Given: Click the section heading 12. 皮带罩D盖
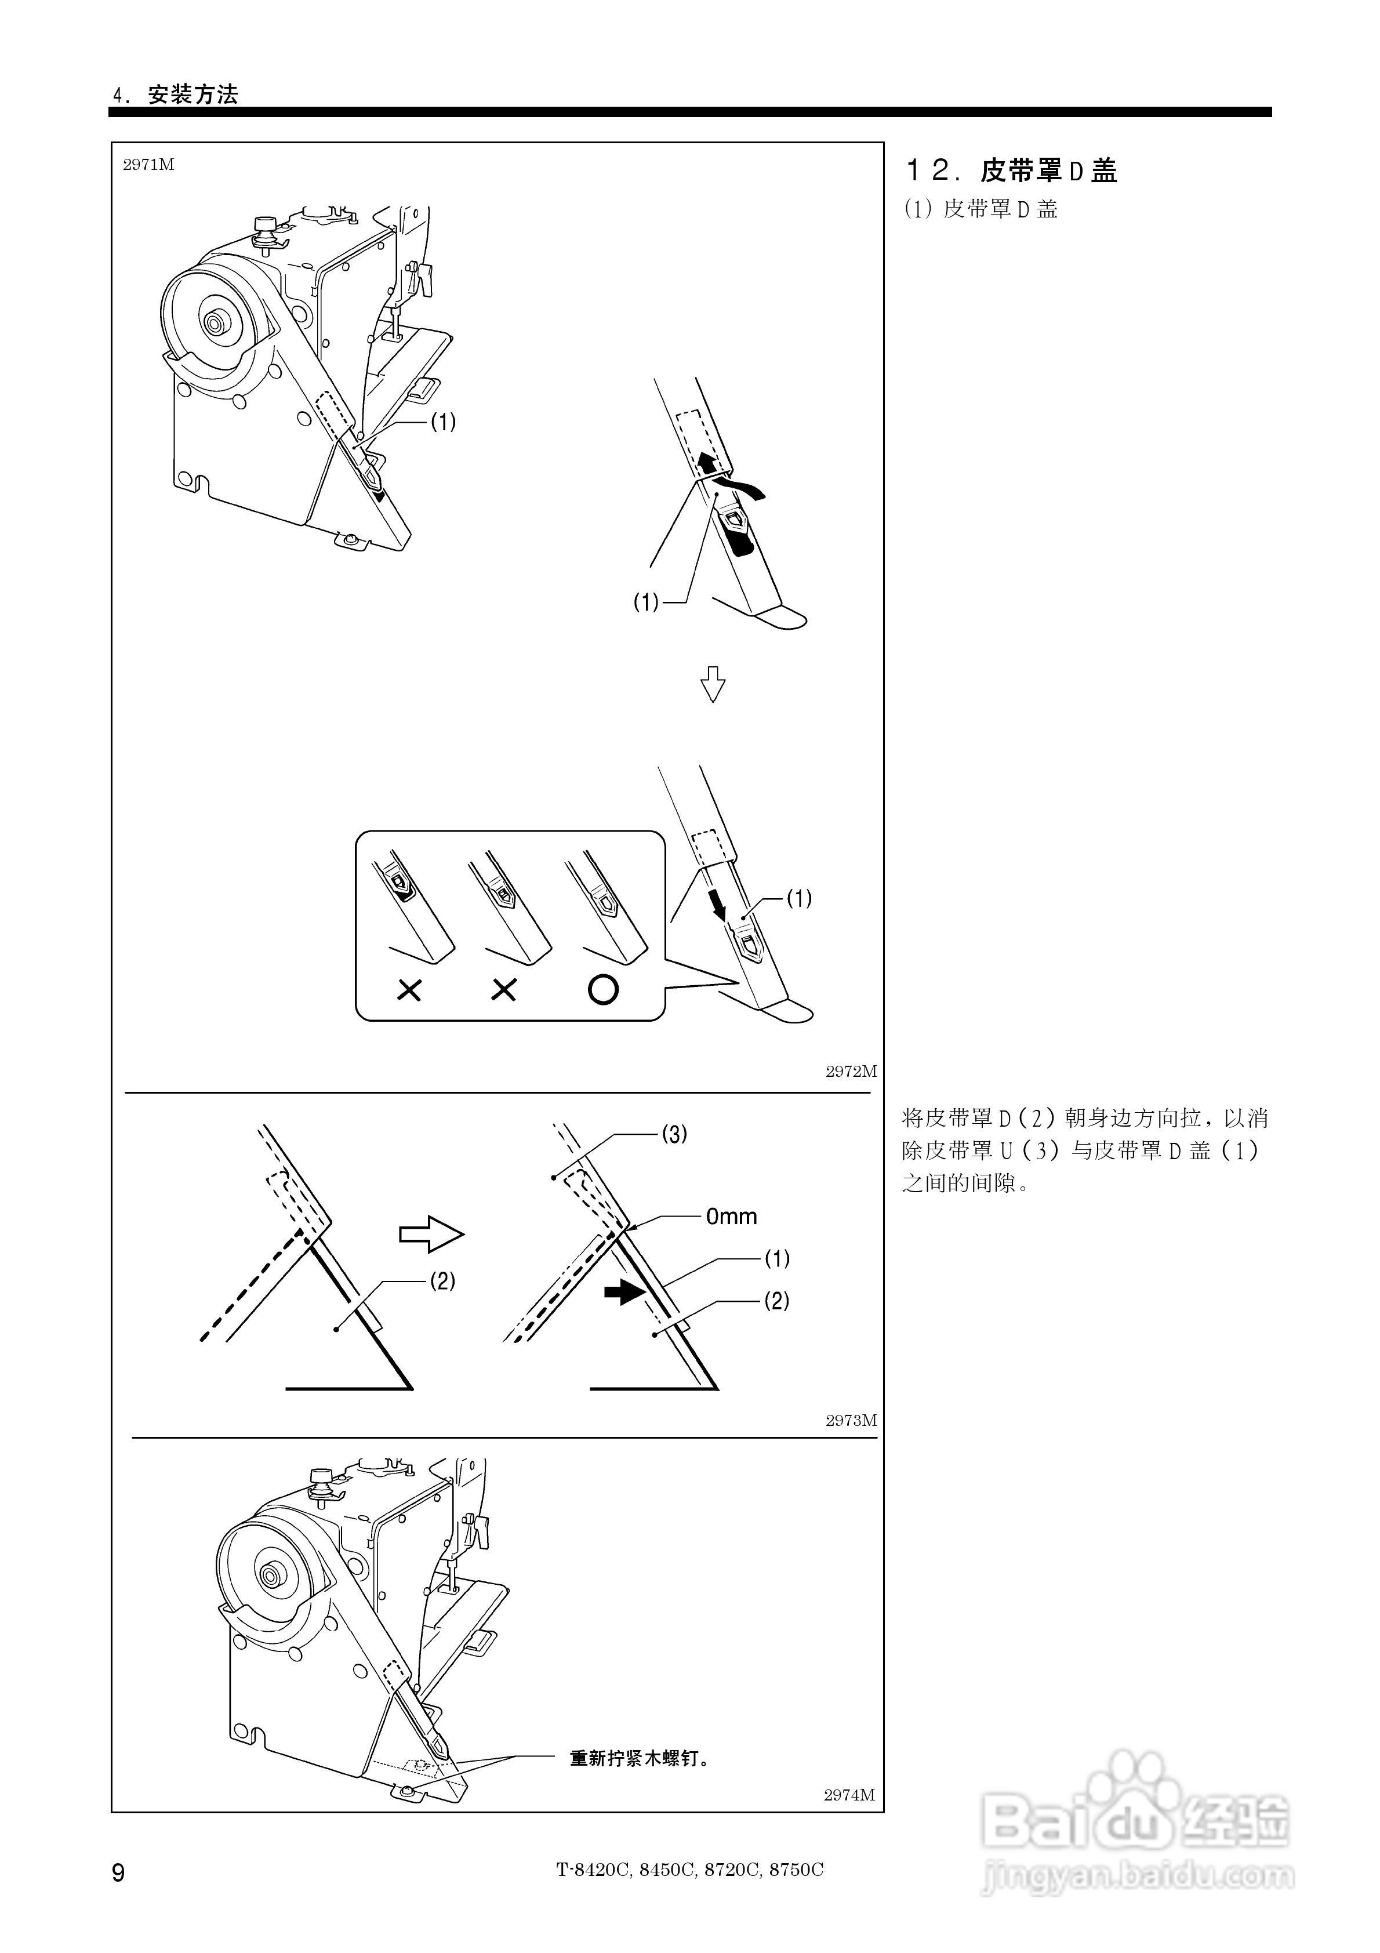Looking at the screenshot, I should [1010, 171].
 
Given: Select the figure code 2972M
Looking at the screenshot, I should [850, 1072].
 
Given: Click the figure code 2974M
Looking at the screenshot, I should [848, 1795].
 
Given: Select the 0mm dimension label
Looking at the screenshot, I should [731, 1217].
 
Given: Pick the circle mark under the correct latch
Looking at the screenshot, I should [602, 989].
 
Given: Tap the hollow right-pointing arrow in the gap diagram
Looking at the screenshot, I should [432, 1234].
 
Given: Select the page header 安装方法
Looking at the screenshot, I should [193, 95].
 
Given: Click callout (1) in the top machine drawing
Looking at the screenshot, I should [442, 421].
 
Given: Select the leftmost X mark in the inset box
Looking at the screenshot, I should [409, 990].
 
